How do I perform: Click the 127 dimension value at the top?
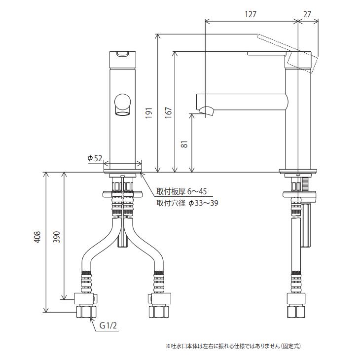[x=251, y=15]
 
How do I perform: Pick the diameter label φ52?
[x=95, y=158]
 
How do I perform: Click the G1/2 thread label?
[x=108, y=325]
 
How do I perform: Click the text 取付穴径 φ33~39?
[x=187, y=202]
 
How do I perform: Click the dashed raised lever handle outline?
[x=286, y=49]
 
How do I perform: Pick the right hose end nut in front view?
[x=159, y=312]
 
